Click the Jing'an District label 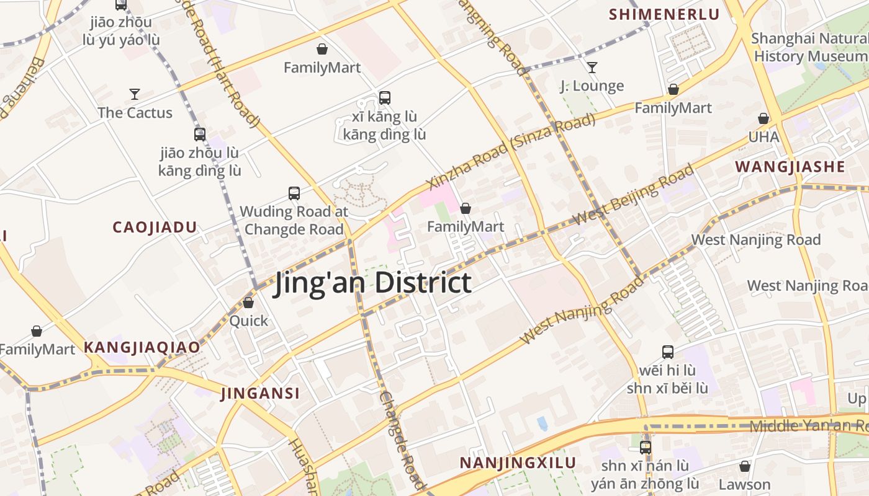tap(373, 283)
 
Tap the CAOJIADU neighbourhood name tap(155, 228)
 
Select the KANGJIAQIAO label tap(142, 347)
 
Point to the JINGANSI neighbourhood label tap(260, 393)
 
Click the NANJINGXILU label tap(518, 463)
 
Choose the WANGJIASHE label tap(790, 166)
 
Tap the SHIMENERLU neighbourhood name tap(664, 14)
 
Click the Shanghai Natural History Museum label tap(809, 47)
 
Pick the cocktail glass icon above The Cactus tap(135, 94)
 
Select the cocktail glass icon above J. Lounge tap(592, 67)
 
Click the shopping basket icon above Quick tap(248, 303)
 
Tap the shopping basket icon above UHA tap(763, 118)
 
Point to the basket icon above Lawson tap(745, 466)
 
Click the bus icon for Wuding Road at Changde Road tap(294, 193)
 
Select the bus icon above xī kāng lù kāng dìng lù tap(385, 97)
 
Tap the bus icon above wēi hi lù tap(668, 352)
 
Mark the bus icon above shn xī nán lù tap(646, 447)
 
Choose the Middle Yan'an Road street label tap(807, 426)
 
